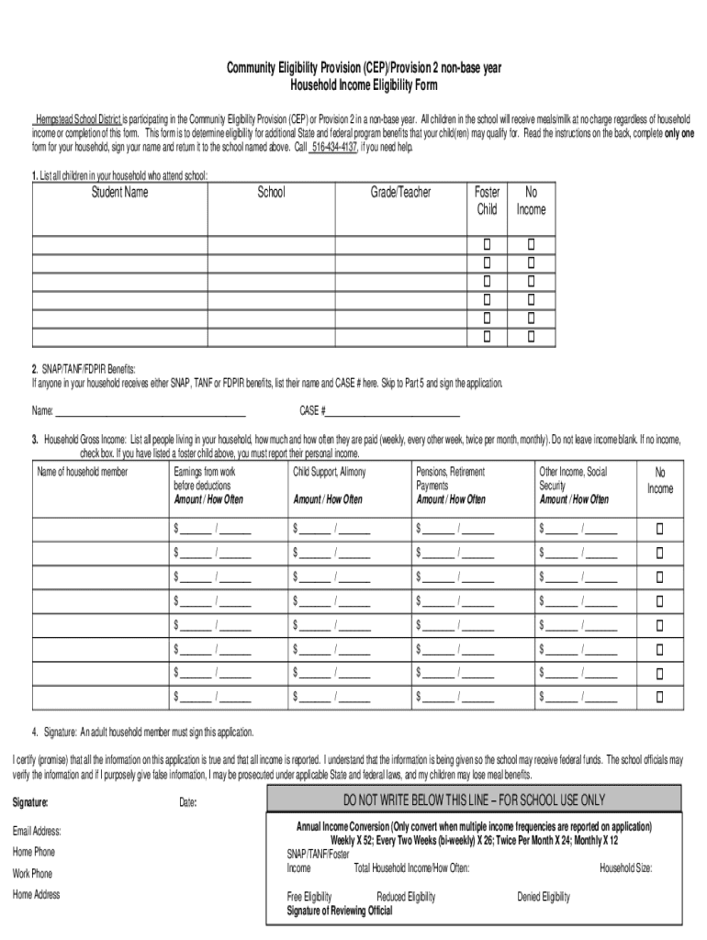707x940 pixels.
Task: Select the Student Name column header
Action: pyautogui.click(x=119, y=193)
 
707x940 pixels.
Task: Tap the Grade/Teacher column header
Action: pyautogui.click(x=400, y=193)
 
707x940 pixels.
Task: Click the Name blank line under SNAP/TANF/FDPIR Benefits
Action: pyautogui.click(x=151, y=410)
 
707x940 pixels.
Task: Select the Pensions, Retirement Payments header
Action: pyautogui.click(x=450, y=478)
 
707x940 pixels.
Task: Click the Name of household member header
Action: pyautogui.click(x=83, y=472)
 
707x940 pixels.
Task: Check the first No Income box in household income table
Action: pyautogui.click(x=658, y=529)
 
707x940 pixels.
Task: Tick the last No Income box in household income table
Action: pyautogui.click(x=658, y=696)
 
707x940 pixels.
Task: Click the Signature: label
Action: pyautogui.click(x=30, y=802)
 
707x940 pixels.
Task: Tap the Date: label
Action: pyautogui.click(x=188, y=802)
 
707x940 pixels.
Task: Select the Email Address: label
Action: pyautogui.click(x=37, y=831)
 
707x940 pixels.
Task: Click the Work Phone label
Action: pyautogui.click(x=32, y=873)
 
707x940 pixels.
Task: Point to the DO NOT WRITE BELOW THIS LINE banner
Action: pyautogui.click(x=475, y=800)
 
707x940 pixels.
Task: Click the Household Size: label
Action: pyautogui.click(x=626, y=867)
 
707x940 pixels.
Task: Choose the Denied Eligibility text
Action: pyautogui.click(x=544, y=897)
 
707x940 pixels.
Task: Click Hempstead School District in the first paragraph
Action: pyautogui.click(x=78, y=119)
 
